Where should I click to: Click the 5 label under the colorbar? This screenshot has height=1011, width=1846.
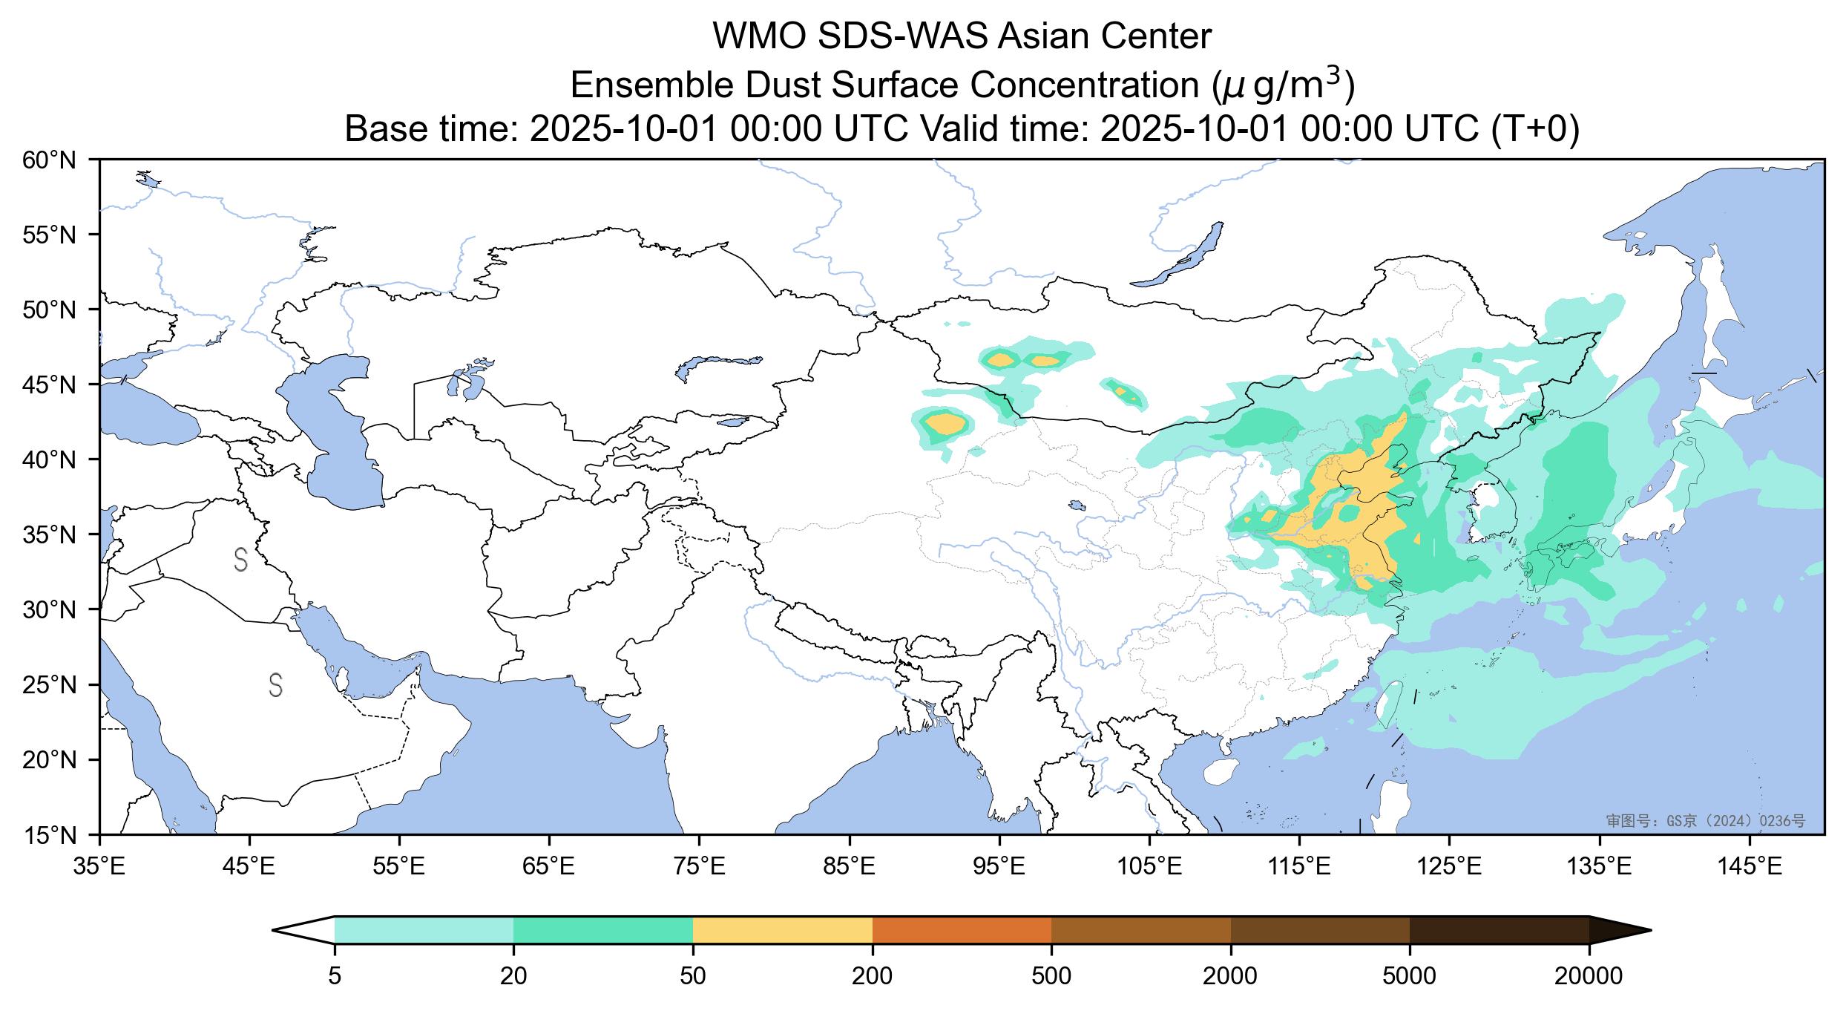pyautogui.click(x=335, y=976)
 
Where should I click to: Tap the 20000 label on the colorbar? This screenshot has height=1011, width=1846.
pyautogui.click(x=1589, y=976)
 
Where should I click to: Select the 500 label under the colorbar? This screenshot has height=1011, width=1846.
pyautogui.click(x=1051, y=976)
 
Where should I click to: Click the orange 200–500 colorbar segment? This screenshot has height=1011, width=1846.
pyautogui.click(x=962, y=930)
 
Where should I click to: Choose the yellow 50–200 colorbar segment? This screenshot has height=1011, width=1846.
pyautogui.click(x=782, y=930)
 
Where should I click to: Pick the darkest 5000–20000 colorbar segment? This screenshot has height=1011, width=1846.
pyautogui.click(x=1499, y=930)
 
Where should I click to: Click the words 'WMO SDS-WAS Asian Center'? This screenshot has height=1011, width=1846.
pyautogui.click(x=962, y=37)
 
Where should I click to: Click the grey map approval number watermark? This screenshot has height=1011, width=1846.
pyautogui.click(x=1705, y=820)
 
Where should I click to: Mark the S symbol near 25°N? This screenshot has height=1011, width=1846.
pyautogui.click(x=275, y=685)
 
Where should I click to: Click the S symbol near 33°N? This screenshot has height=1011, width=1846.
pyautogui.click(x=240, y=560)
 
